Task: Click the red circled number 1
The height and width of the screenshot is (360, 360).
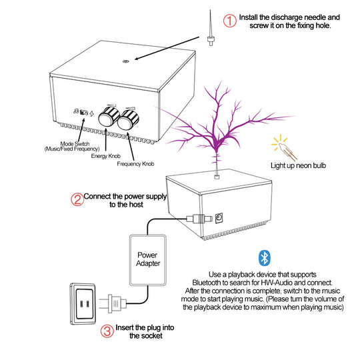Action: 229,21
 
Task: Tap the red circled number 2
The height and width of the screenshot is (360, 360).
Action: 77,199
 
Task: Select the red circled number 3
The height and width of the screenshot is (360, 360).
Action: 107,331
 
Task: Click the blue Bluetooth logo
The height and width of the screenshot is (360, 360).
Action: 265,257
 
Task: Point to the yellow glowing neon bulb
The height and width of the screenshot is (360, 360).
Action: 284,147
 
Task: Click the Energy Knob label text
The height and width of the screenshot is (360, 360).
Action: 105,156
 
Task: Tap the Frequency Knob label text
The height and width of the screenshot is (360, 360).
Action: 135,164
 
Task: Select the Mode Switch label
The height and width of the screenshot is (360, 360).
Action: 72,147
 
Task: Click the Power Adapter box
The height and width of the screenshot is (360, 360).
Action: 147,260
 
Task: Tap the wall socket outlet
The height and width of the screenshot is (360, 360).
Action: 83,304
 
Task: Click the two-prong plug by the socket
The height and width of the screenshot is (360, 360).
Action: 113,304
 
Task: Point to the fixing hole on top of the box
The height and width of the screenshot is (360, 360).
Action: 125,61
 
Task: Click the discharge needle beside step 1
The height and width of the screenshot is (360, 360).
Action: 210,28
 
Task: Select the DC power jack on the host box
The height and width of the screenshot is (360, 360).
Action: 219,218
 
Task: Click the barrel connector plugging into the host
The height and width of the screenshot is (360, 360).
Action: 199,219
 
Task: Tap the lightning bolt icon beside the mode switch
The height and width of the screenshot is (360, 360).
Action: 92,113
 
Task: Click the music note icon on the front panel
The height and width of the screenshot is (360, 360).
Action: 76,111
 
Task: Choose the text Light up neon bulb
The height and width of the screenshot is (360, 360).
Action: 298,165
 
